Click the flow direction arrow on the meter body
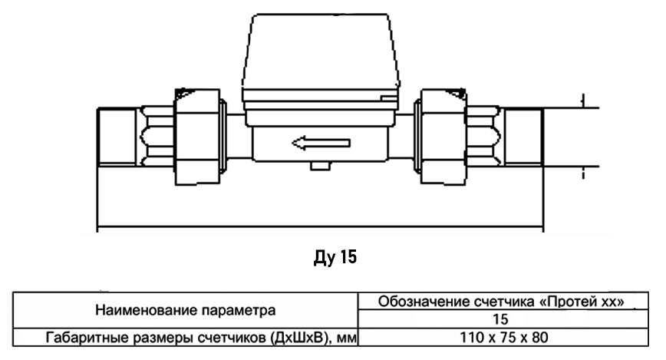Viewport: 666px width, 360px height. click(x=321, y=143)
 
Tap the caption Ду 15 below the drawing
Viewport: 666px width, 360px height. click(x=335, y=257)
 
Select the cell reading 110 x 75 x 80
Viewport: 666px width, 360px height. click(x=503, y=338)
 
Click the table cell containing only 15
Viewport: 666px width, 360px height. click(x=503, y=319)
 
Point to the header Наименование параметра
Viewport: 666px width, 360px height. click(x=185, y=310)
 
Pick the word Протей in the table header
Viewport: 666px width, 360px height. click(x=569, y=302)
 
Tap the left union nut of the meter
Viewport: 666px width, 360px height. click(x=197, y=137)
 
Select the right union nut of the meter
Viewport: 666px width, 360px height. click(x=443, y=137)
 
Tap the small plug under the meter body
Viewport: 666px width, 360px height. click(x=320, y=166)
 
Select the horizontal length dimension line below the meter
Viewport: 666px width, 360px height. click(x=321, y=226)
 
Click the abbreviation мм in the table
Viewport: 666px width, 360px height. click(x=346, y=339)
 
